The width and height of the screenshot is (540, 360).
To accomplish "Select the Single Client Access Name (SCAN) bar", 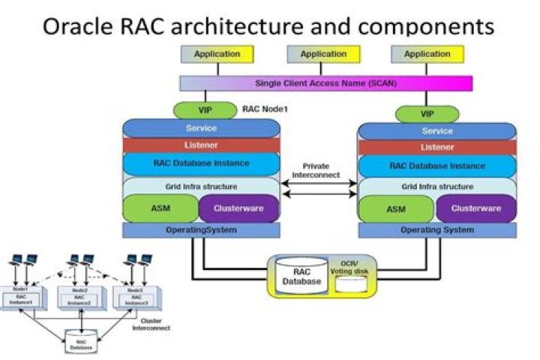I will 325,82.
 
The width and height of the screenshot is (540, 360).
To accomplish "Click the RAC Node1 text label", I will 265,109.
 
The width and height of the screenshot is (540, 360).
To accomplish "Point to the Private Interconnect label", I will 320,170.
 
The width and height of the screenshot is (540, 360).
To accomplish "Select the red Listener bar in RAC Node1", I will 201,144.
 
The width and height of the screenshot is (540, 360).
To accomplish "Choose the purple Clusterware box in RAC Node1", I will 238,208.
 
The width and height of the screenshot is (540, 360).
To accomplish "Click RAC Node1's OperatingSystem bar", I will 201,229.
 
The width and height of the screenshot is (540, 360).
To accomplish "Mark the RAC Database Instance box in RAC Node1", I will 201,163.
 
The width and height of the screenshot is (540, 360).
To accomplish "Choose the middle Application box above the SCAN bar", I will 323,54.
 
